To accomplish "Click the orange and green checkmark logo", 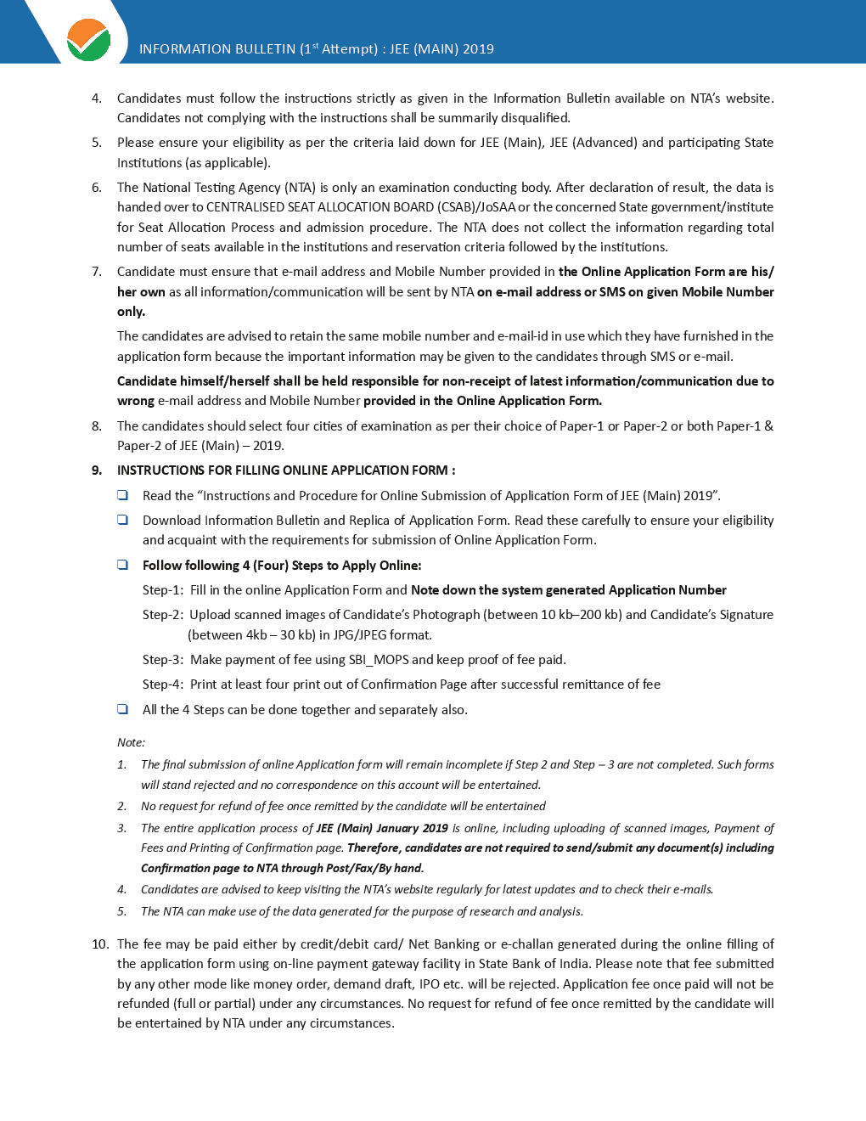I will coord(88,40).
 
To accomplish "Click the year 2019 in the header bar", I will coord(478,49).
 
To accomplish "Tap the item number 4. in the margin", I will coord(97,99).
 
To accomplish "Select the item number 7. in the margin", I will coord(97,272).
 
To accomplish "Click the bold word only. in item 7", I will coord(131,312).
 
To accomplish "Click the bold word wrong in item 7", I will coord(136,401).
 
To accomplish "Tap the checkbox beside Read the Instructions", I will coord(123,495).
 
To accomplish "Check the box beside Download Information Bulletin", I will coord(123,520).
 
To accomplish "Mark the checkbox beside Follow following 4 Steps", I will coord(123,565).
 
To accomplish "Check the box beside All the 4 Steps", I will coord(123,709).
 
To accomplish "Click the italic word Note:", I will coord(131,742).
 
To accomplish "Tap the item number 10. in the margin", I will coord(100,944).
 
